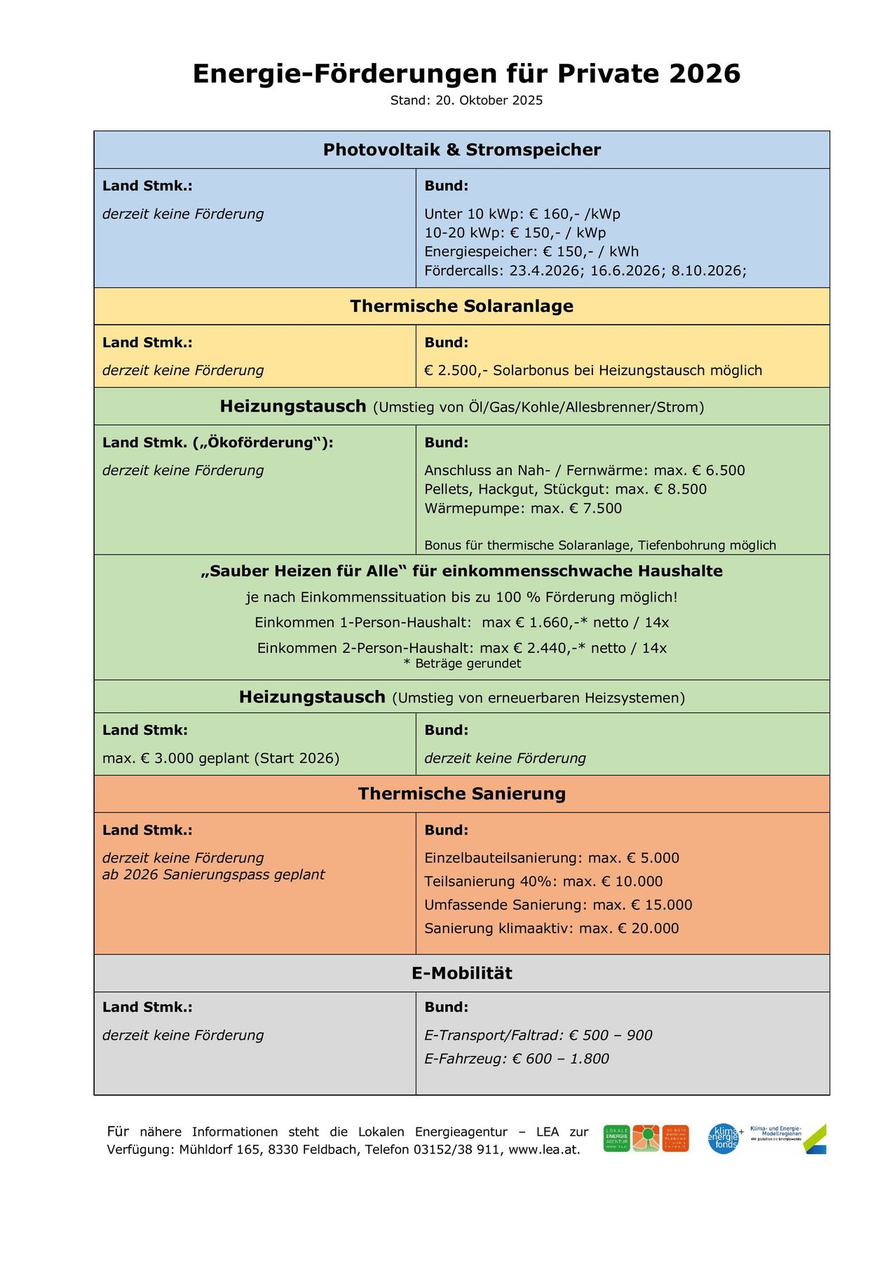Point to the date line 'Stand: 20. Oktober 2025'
[x=466, y=100]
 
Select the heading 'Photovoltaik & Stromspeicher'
[x=461, y=149]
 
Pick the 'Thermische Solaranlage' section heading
[x=461, y=306]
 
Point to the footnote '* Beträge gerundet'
[x=462, y=663]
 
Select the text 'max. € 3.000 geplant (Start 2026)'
[x=221, y=758]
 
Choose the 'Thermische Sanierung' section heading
[x=461, y=794]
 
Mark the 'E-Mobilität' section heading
[x=461, y=973]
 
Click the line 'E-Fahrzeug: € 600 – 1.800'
[x=517, y=1059]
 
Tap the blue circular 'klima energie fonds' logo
[x=724, y=1139]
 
